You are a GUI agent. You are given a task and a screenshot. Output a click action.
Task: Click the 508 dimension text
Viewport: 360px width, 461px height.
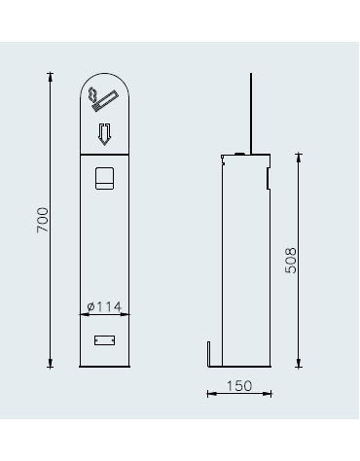point(291,260)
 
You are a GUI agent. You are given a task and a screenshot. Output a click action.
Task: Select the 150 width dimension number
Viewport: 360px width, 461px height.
point(239,385)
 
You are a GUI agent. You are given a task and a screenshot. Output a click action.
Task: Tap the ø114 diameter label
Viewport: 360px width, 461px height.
point(104,305)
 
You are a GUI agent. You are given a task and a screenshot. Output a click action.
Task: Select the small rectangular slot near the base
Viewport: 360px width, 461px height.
point(103,338)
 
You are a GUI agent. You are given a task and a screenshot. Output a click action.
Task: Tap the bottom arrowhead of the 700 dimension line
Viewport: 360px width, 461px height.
point(52,365)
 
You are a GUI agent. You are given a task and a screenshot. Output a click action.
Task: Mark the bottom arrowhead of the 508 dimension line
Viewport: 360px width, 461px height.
point(298,365)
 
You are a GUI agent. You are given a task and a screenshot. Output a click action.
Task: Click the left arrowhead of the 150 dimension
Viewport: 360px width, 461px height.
point(210,394)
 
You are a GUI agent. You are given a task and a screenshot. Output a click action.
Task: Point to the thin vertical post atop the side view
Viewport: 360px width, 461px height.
point(252,112)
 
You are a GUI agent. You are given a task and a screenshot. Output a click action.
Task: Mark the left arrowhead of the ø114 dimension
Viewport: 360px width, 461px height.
point(81,313)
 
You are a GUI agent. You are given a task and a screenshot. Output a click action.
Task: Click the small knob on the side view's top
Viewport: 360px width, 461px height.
point(239,153)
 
